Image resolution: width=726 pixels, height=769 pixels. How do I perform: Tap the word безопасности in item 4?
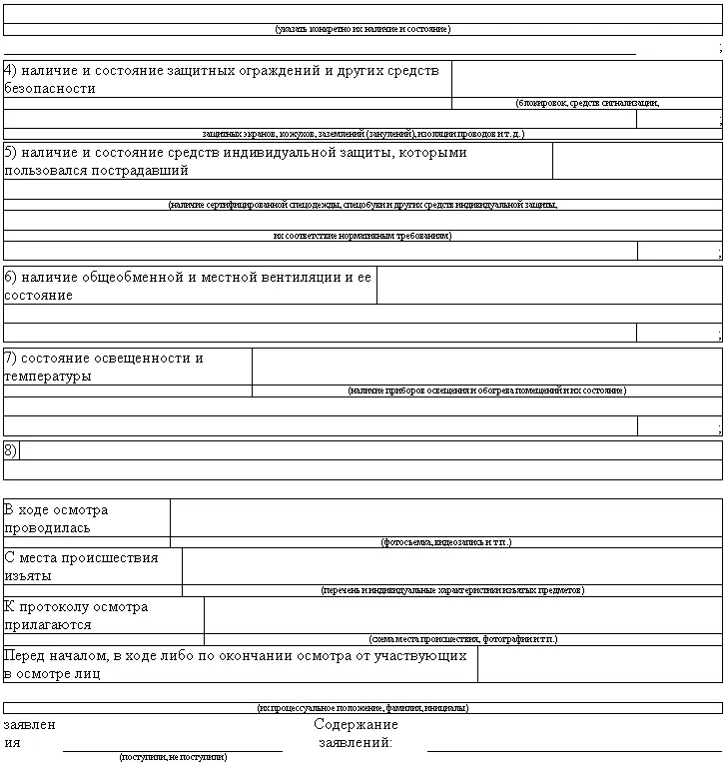click(x=50, y=88)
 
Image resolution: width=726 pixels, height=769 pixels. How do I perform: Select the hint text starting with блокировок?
click(x=587, y=103)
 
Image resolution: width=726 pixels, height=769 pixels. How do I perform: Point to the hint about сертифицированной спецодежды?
click(x=363, y=205)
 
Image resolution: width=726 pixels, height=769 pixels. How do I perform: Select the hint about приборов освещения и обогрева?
click(x=487, y=390)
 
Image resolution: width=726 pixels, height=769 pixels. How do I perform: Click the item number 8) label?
click(x=11, y=450)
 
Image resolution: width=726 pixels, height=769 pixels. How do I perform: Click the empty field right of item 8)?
click(x=369, y=450)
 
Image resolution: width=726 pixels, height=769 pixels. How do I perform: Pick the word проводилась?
click(x=47, y=527)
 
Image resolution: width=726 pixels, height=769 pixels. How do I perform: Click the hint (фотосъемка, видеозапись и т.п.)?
click(x=445, y=542)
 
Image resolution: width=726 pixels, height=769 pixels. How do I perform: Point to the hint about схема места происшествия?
click(x=463, y=639)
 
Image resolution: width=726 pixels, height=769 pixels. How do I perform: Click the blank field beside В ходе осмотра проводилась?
click(x=445, y=517)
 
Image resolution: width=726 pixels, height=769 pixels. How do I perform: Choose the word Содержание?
click(x=356, y=724)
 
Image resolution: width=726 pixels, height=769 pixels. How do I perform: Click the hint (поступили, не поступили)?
click(x=173, y=757)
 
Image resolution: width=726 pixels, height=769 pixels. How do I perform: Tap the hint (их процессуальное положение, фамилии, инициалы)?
click(x=363, y=708)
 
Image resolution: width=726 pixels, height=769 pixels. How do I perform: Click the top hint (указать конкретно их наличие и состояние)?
click(x=363, y=30)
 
